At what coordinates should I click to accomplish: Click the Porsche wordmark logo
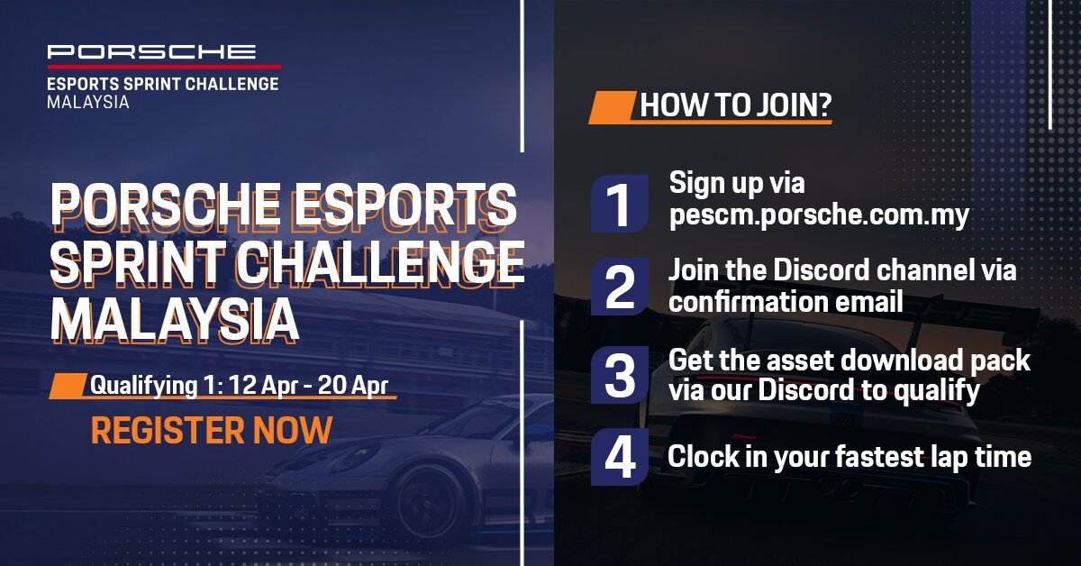point(151,51)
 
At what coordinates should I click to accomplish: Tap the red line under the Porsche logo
point(164,67)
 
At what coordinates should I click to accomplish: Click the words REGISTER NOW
point(212,430)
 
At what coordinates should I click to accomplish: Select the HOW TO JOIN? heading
point(735,105)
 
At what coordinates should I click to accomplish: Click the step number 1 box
point(620,204)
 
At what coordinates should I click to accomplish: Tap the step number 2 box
point(620,287)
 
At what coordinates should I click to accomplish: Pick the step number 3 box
point(620,375)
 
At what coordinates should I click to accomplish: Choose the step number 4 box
point(620,457)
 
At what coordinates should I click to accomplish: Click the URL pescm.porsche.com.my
point(819,215)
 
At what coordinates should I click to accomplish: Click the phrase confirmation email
point(786,301)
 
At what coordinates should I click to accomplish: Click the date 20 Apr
point(353,386)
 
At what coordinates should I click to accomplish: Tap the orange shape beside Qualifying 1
point(68,386)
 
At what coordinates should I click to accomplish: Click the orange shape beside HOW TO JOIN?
point(612,107)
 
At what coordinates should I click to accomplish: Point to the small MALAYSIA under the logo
point(88,103)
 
